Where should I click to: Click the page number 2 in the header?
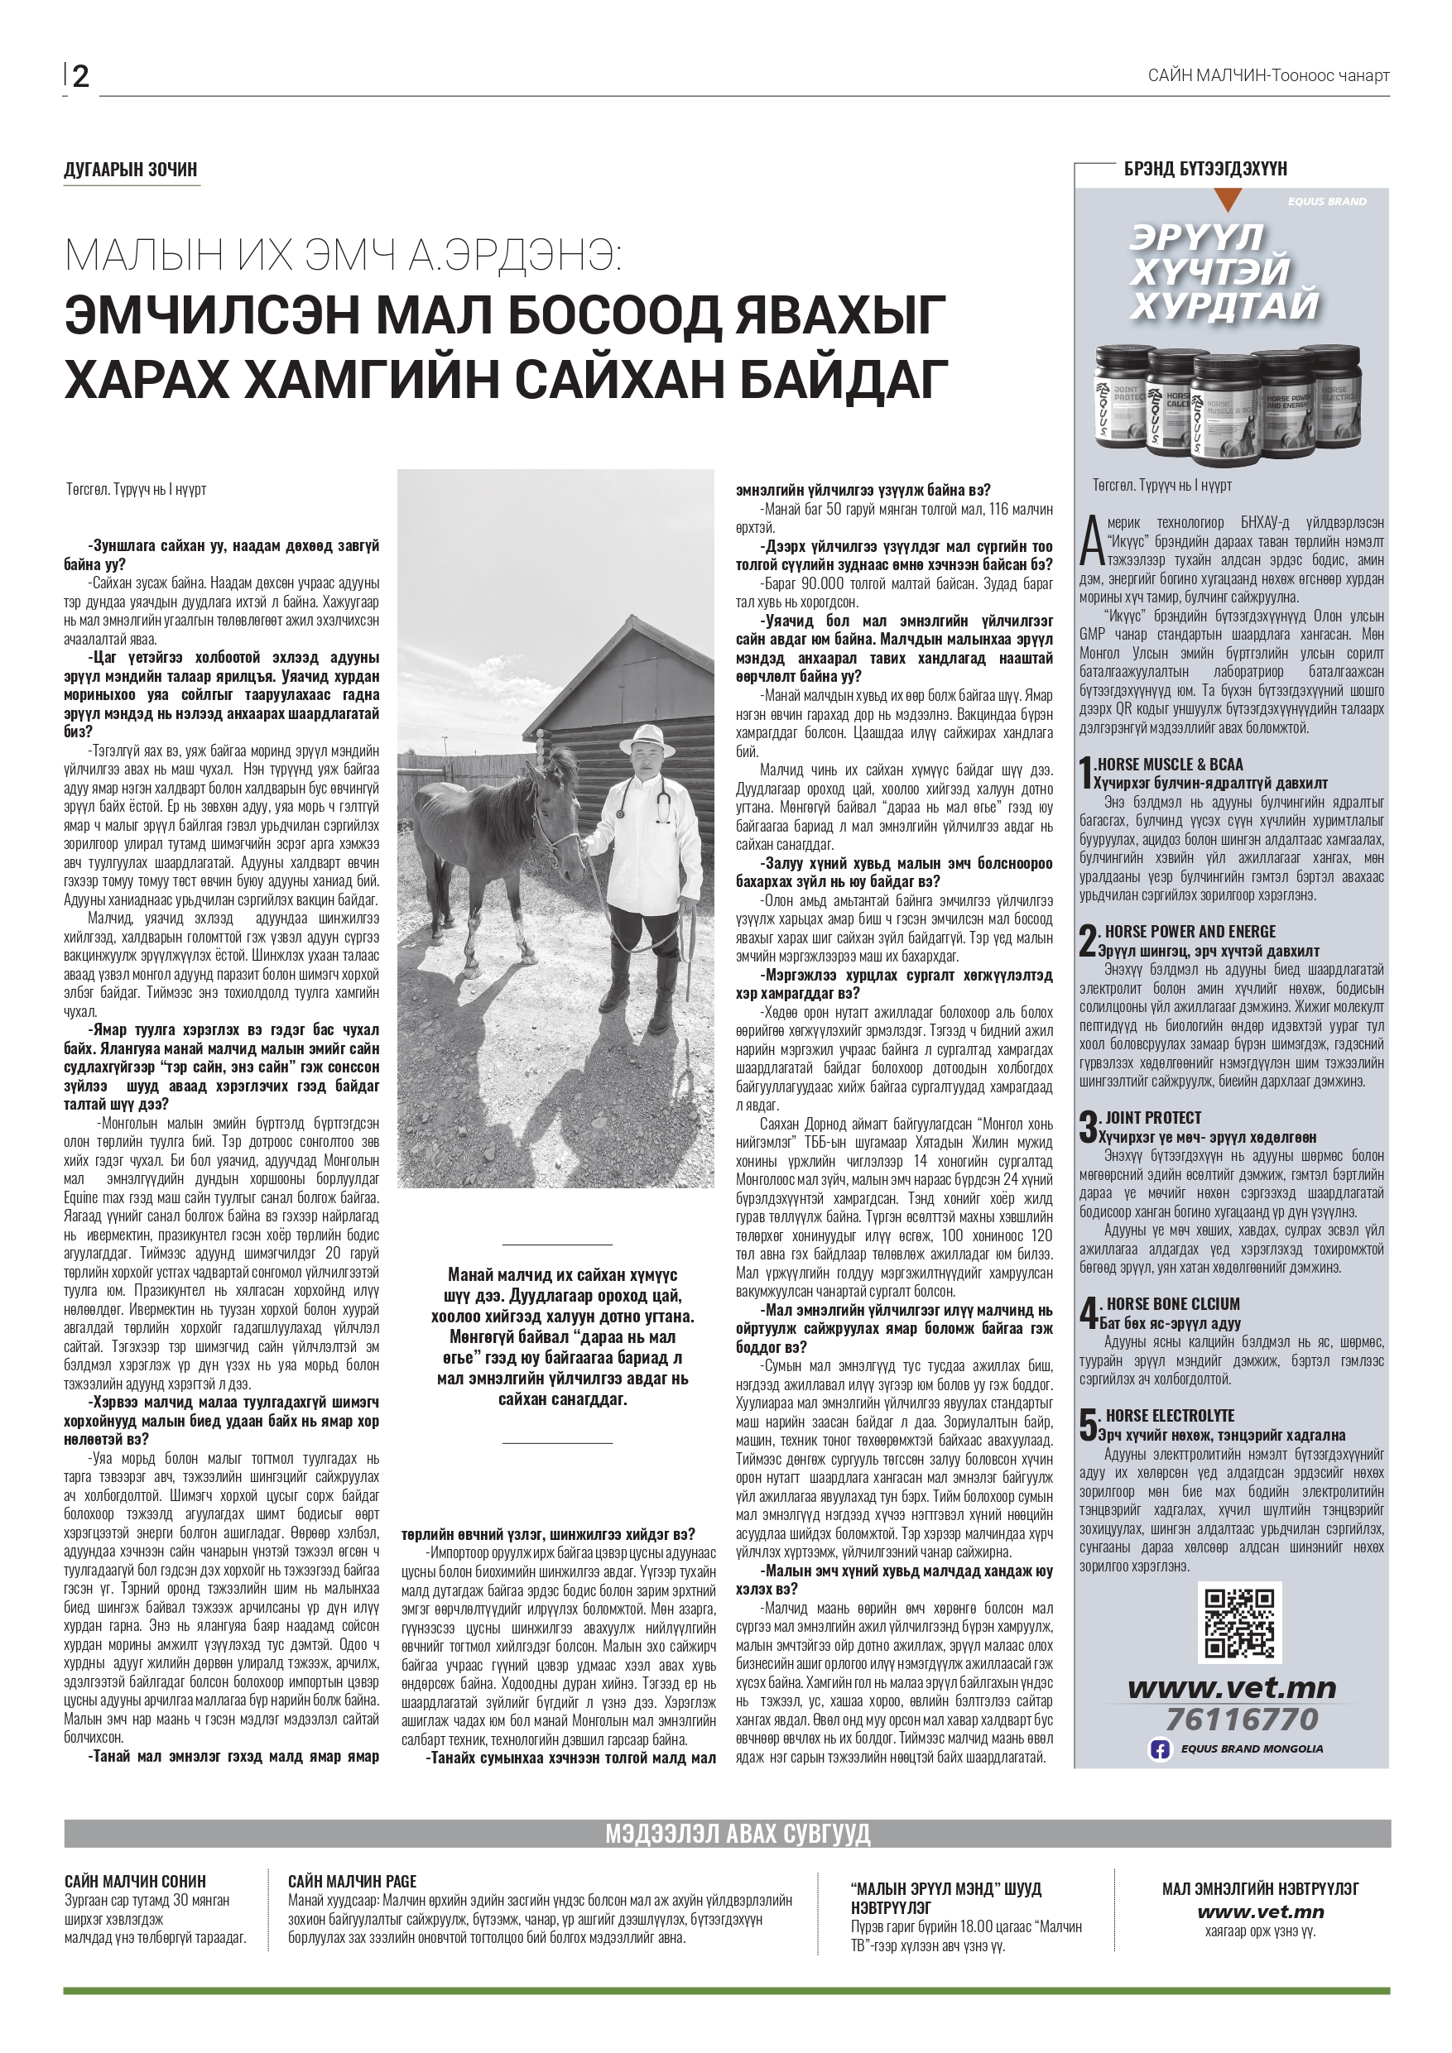click(x=80, y=77)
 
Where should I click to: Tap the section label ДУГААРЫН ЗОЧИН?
click(x=131, y=170)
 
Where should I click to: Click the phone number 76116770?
click(x=1242, y=1719)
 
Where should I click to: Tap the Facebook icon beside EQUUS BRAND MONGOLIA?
click(x=1160, y=1749)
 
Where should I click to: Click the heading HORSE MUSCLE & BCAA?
click(x=1168, y=765)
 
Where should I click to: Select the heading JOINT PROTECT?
click(x=1153, y=1118)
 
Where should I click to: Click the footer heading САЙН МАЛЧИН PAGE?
click(x=352, y=1883)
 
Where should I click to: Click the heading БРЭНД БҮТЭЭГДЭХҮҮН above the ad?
click(x=1205, y=169)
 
